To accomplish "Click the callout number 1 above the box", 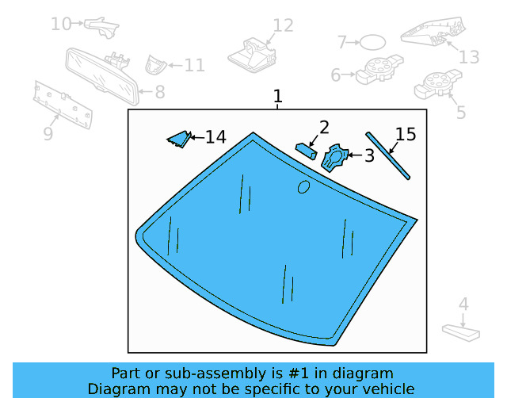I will [x=277, y=97].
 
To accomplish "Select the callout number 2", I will [x=324, y=127].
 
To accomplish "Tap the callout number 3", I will [x=368, y=155].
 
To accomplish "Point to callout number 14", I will [x=215, y=137].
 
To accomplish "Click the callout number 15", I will [x=405, y=134].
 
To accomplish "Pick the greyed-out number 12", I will [x=282, y=26].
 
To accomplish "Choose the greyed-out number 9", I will [x=48, y=134].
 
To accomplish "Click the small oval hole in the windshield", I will [x=303, y=186].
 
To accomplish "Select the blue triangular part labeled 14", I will [x=178, y=140].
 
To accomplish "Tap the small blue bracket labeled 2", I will [x=307, y=150].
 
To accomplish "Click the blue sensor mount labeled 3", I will [x=335, y=157].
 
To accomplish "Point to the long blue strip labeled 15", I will [x=388, y=155].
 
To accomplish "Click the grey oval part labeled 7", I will [x=373, y=42].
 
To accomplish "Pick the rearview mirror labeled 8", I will [x=101, y=76].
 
